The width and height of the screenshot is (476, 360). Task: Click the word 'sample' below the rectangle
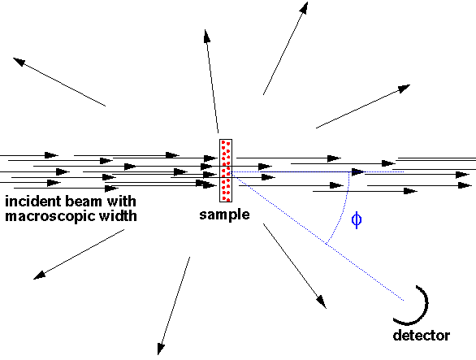click(x=224, y=215)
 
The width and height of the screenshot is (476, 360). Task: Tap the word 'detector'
click(x=422, y=336)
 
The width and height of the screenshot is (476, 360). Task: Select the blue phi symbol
click(x=357, y=220)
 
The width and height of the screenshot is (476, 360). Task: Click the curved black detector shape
click(x=424, y=313)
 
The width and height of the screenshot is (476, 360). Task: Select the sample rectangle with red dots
click(x=226, y=171)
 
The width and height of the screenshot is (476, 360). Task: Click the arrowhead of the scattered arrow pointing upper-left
click(x=18, y=61)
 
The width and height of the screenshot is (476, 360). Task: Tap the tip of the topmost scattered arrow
click(x=308, y=2)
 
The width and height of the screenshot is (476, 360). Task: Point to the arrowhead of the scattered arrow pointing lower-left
click(x=39, y=275)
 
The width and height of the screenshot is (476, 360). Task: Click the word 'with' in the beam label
click(x=121, y=202)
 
